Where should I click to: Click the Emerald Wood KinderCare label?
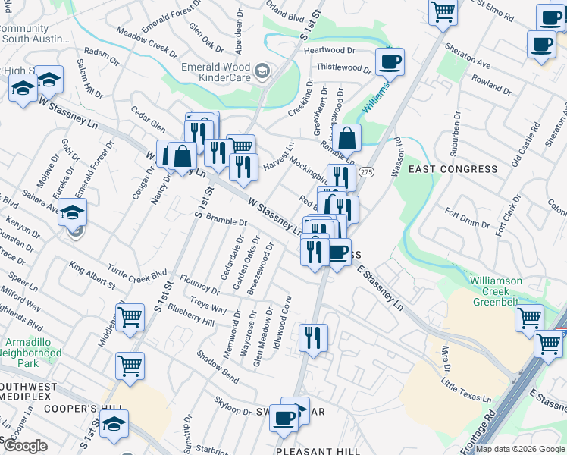coord(216,72)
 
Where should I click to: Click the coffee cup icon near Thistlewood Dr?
coord(390,63)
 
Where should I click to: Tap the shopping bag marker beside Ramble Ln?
coord(346,140)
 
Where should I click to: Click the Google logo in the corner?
coord(26,446)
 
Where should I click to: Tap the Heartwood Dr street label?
coord(330,50)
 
